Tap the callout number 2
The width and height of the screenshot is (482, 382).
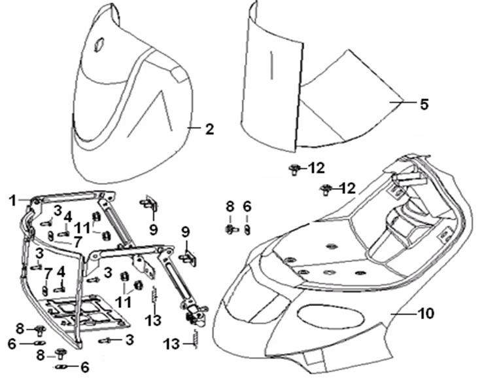point(209,129)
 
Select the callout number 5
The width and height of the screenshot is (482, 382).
point(424,104)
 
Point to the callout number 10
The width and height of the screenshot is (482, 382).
point(425,314)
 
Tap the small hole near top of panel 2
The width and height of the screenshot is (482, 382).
point(100,45)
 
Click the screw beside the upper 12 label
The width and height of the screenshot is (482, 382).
point(294,170)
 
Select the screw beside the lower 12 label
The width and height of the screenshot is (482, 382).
point(325,190)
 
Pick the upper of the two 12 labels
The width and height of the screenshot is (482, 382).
point(317,168)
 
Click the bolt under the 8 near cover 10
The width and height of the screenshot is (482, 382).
point(231,229)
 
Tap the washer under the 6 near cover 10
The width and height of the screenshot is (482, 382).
point(247,229)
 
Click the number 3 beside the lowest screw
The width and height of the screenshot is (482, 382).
point(129,339)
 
